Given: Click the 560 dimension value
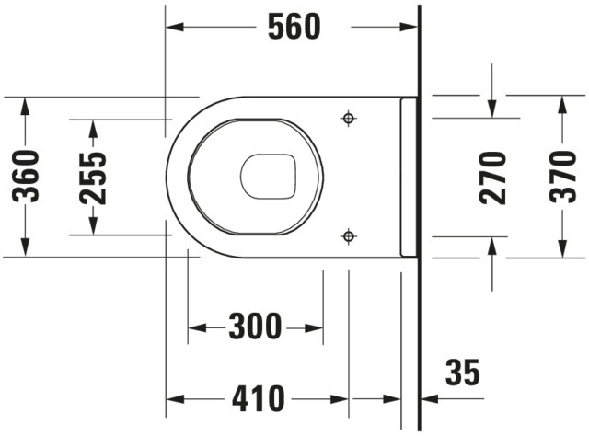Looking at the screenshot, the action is pyautogui.click(x=294, y=27).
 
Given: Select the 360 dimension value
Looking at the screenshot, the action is pyautogui.click(x=26, y=176).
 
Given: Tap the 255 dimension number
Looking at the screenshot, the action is pyautogui.click(x=94, y=178).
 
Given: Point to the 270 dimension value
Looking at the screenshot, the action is pyautogui.click(x=492, y=178).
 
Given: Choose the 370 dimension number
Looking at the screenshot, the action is pyautogui.click(x=562, y=177).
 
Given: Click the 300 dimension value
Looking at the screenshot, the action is pyautogui.click(x=255, y=327).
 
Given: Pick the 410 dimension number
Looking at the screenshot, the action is pyautogui.click(x=258, y=398).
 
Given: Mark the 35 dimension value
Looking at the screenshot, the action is pyautogui.click(x=462, y=373).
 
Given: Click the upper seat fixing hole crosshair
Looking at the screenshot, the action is pyautogui.click(x=349, y=119).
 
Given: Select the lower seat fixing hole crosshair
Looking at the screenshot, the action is pyautogui.click(x=349, y=236).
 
